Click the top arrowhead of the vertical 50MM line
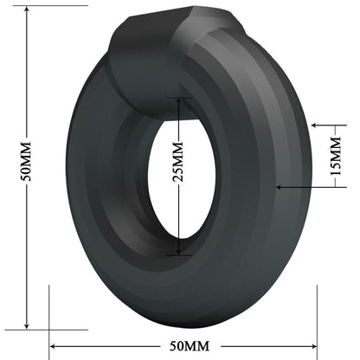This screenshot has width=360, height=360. click(x=28, y=10)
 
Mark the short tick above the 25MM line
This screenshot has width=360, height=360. click(x=179, y=97)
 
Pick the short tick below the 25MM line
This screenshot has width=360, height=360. click(x=179, y=254)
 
